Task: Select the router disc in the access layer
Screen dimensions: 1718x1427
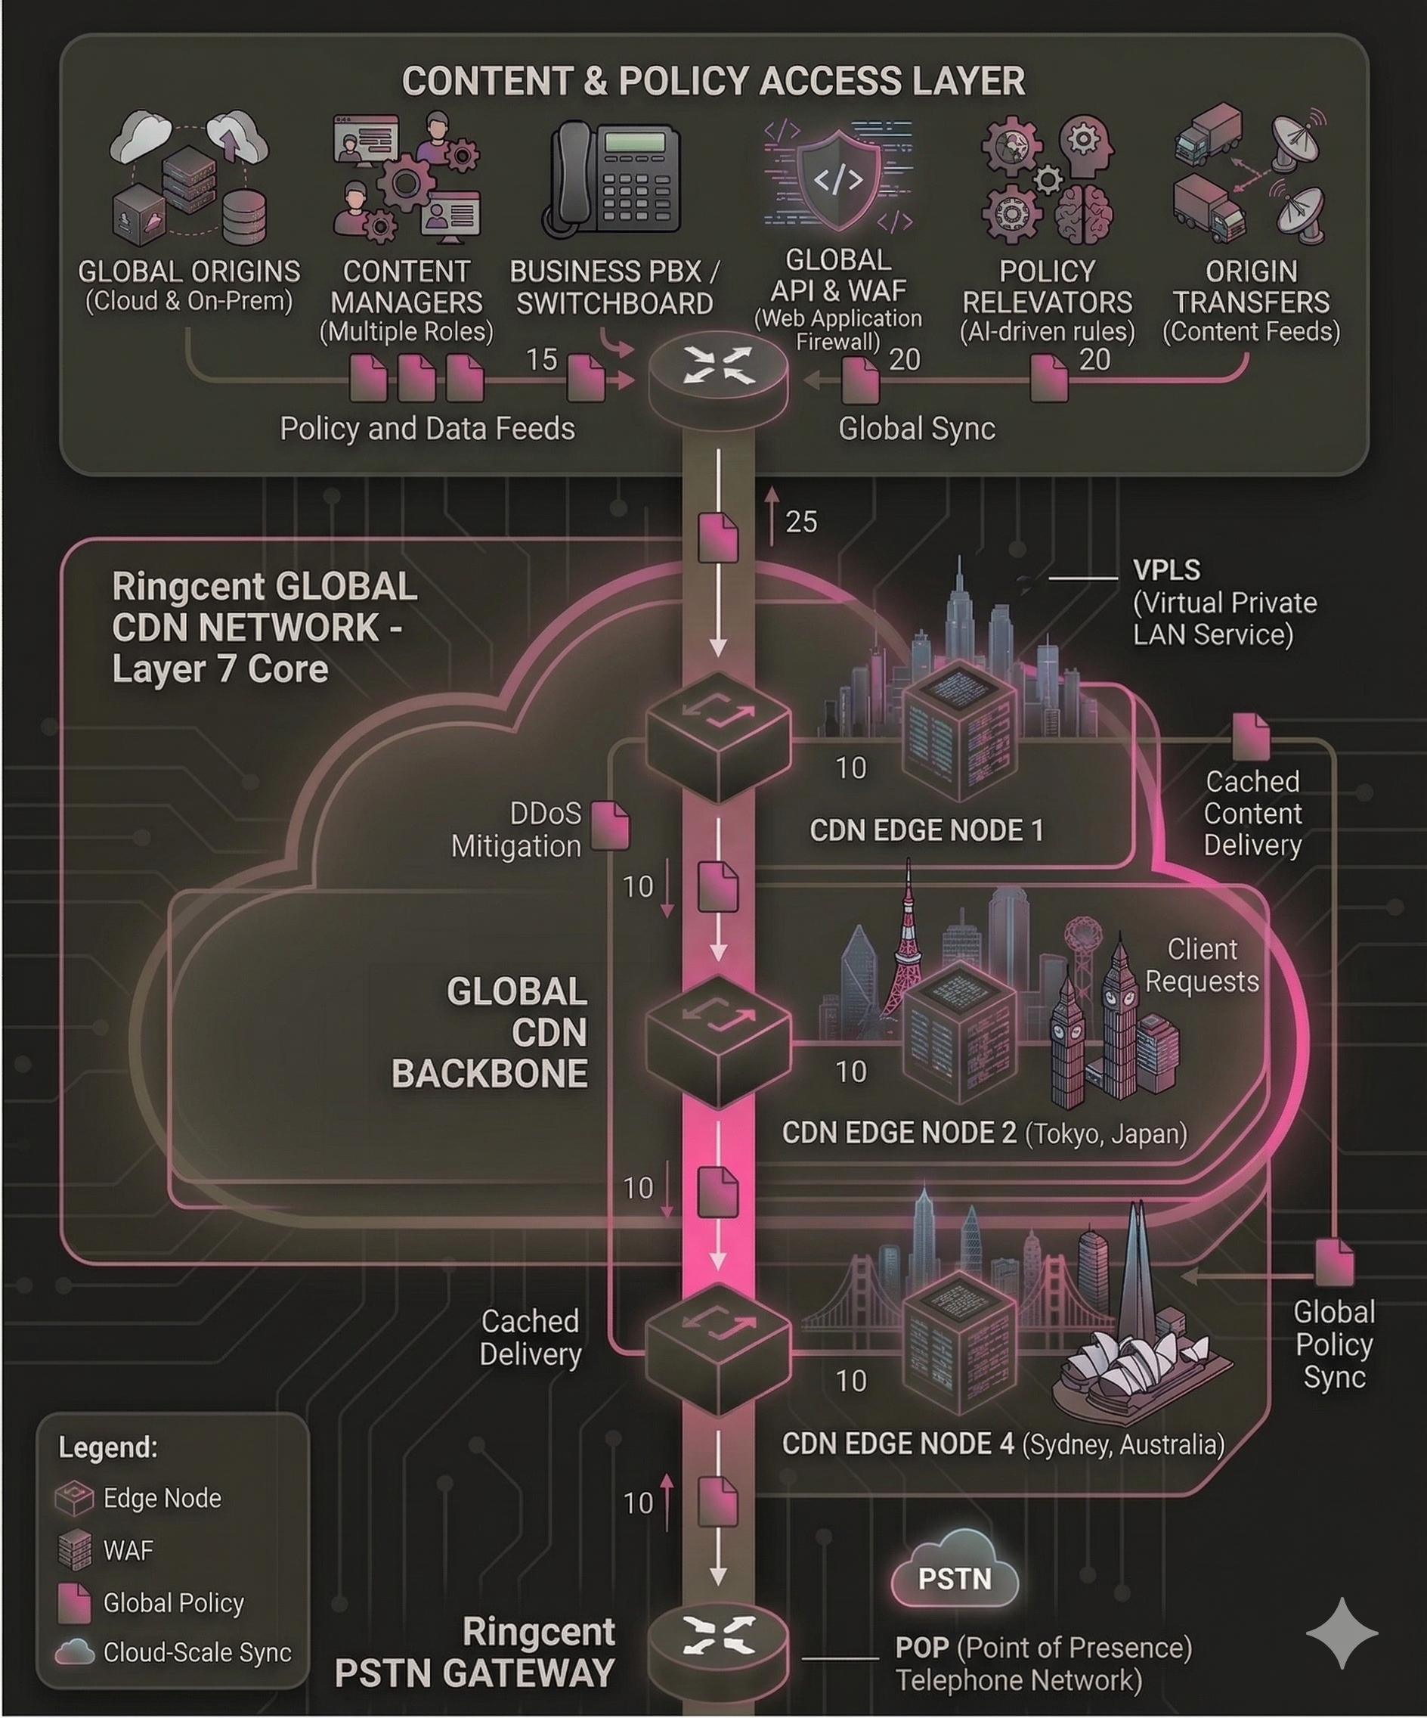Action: (718, 376)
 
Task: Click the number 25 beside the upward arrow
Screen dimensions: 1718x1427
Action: (800, 522)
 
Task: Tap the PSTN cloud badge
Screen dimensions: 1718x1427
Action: (955, 1579)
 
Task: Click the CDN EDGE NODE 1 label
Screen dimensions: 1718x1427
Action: (927, 830)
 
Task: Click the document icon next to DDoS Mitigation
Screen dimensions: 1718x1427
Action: (610, 825)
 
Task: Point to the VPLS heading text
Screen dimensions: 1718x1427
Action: (1167, 571)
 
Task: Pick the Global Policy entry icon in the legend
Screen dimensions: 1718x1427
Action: (73, 1602)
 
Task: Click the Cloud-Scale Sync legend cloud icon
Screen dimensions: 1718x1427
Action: (74, 1652)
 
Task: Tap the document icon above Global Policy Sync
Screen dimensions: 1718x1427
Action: (1334, 1262)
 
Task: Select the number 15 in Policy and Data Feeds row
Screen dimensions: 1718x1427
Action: (541, 359)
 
